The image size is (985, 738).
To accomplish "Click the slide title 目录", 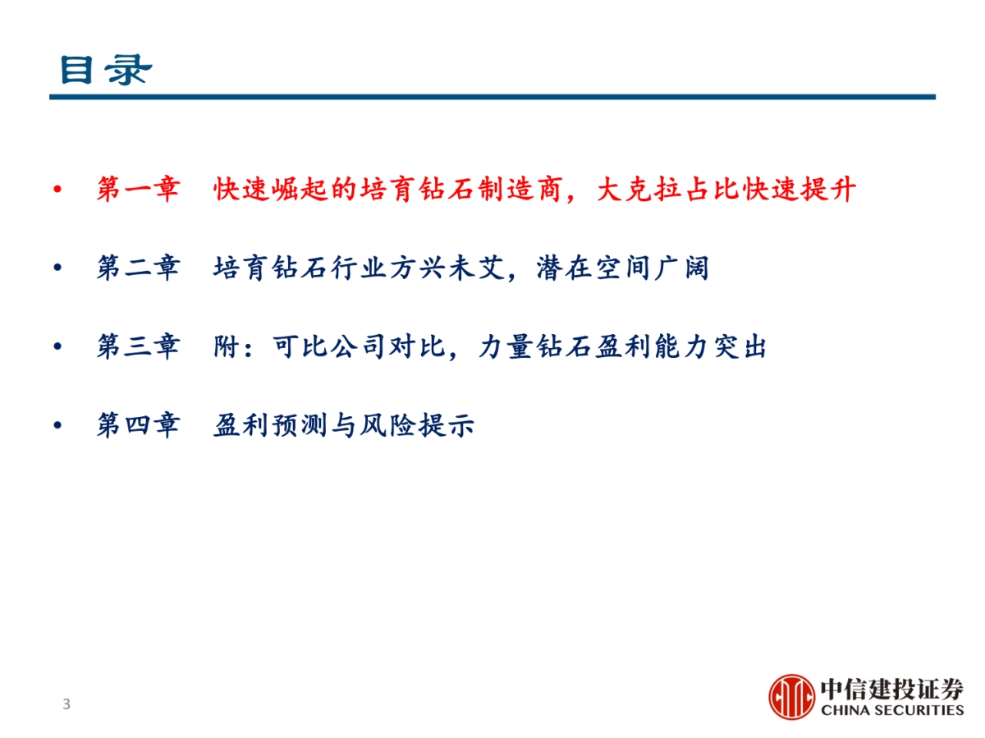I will coord(105,70).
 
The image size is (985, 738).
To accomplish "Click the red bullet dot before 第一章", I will coord(57,191).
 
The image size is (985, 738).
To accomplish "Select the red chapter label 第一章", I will coord(137,190).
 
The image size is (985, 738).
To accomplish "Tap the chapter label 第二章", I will coord(137,268).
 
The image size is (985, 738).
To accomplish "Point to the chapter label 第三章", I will coord(137,347).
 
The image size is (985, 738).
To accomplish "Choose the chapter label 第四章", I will coord(137,426).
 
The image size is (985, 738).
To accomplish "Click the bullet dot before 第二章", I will coord(57,269).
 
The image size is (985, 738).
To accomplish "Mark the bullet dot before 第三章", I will coord(57,348).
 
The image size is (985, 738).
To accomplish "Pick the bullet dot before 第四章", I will coord(57,427).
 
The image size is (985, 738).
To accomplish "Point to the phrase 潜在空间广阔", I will coord(622,268).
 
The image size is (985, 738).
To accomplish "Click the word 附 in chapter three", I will coord(226,347).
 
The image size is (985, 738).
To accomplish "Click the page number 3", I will coord(66,704).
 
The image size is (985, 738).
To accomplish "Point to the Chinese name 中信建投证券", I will coord(891,689).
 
